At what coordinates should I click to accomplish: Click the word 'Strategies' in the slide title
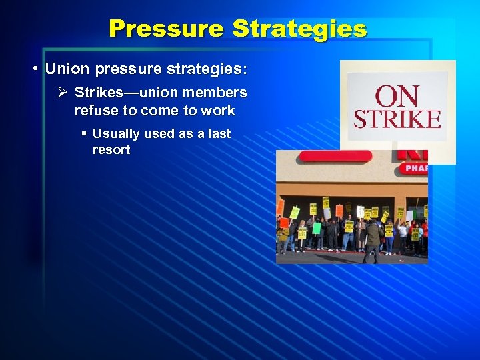click(299, 29)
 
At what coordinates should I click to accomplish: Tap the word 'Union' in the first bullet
click(65, 69)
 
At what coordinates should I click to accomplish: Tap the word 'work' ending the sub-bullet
click(219, 110)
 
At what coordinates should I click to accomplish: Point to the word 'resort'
click(111, 150)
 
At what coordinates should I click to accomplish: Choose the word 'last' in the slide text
click(217, 134)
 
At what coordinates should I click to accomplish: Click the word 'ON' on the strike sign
click(398, 97)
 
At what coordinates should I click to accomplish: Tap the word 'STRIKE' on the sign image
click(397, 120)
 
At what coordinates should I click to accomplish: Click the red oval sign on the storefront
click(335, 157)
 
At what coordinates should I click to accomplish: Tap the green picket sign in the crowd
click(317, 228)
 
